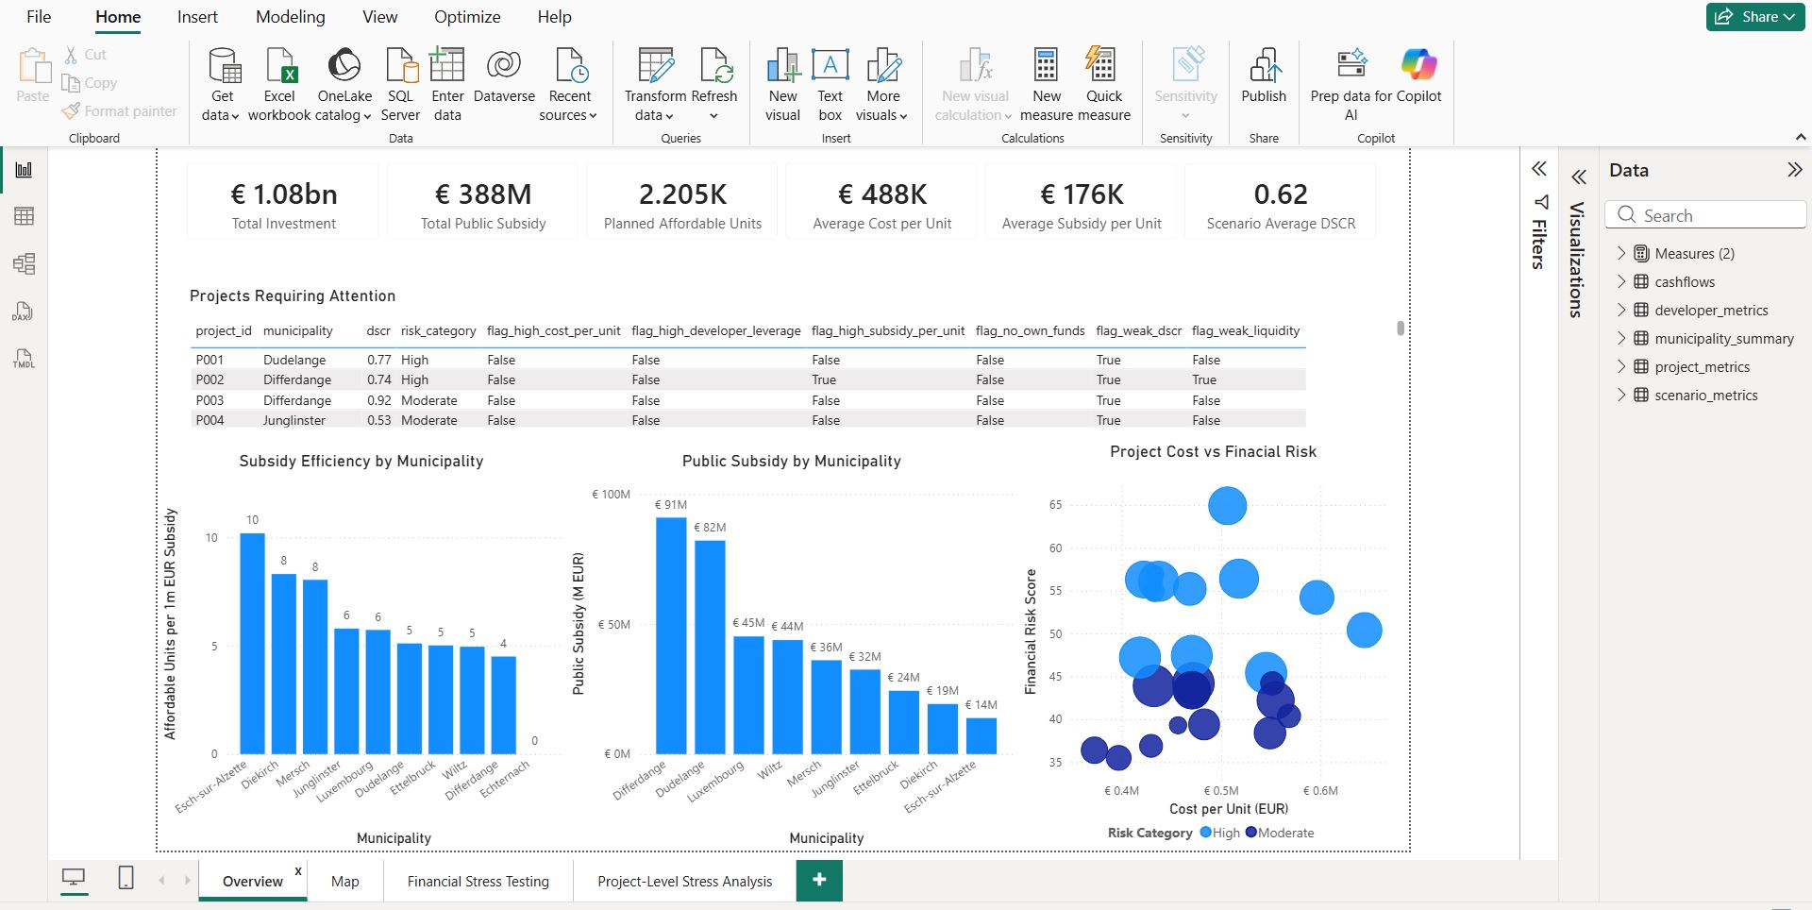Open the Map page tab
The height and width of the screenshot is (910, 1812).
click(345, 881)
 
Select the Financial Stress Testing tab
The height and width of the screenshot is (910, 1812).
click(478, 881)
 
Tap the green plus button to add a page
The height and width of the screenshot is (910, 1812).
click(819, 880)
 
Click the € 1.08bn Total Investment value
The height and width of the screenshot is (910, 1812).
click(284, 194)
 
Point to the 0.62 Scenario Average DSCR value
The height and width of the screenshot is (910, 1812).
click(1281, 194)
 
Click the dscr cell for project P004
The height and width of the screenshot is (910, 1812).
click(378, 420)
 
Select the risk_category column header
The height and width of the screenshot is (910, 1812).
click(438, 330)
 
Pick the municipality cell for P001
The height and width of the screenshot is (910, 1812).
click(294, 360)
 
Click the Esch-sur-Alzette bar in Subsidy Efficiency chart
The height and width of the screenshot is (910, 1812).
click(252, 643)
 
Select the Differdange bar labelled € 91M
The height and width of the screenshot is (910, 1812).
click(671, 635)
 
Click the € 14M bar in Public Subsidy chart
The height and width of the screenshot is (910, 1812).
click(981, 736)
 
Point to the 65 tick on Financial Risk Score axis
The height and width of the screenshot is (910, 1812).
click(1055, 505)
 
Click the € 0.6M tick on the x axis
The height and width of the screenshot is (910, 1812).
click(1320, 791)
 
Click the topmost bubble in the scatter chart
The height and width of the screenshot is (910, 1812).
click(1227, 506)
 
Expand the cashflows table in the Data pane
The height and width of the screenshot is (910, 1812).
click(1621, 281)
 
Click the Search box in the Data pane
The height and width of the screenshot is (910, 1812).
click(1705, 215)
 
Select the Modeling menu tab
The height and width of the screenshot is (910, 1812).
click(290, 17)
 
